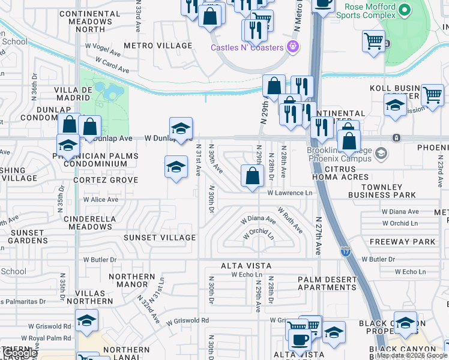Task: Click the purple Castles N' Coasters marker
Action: point(293,46)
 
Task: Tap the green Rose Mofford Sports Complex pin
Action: point(405,10)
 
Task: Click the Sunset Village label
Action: point(160,238)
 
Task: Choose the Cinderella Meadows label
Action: point(90,222)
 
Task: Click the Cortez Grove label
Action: point(106,180)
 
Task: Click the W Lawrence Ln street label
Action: point(290,193)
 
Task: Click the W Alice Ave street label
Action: point(101,199)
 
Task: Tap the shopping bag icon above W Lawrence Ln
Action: point(253,176)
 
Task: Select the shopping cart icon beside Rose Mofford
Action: point(373,41)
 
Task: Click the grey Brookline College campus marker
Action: point(381,154)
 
